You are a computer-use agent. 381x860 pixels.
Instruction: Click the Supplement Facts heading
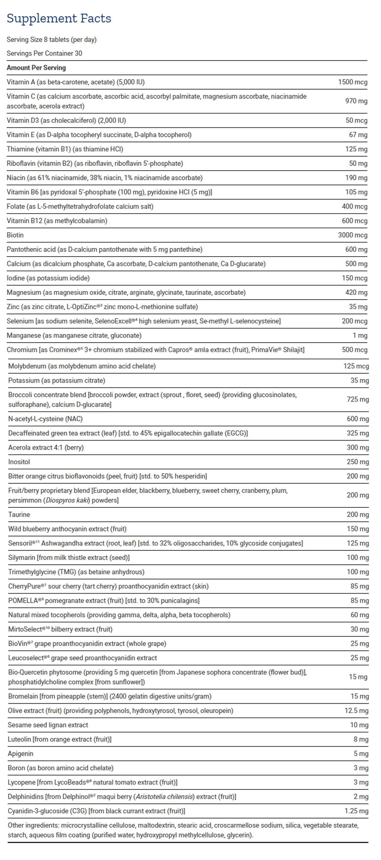(59, 18)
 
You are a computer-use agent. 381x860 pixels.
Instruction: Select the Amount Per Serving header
(36, 68)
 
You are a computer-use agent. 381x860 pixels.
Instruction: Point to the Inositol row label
(19, 462)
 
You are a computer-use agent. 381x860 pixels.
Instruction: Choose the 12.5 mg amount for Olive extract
(356, 711)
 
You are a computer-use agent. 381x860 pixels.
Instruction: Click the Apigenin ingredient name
(20, 754)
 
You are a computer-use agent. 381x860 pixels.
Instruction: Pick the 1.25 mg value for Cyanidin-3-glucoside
(356, 811)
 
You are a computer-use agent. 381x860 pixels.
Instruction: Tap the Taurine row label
(19, 515)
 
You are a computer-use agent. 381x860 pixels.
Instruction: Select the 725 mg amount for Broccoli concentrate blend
(358, 399)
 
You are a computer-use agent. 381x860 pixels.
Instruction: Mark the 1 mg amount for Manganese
(360, 335)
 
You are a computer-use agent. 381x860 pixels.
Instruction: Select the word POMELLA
(23, 601)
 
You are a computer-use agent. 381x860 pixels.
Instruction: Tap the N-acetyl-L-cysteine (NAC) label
(45, 419)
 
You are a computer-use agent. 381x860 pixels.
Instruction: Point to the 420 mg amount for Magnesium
(356, 292)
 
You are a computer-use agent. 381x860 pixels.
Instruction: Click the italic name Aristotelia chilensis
(164, 797)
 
